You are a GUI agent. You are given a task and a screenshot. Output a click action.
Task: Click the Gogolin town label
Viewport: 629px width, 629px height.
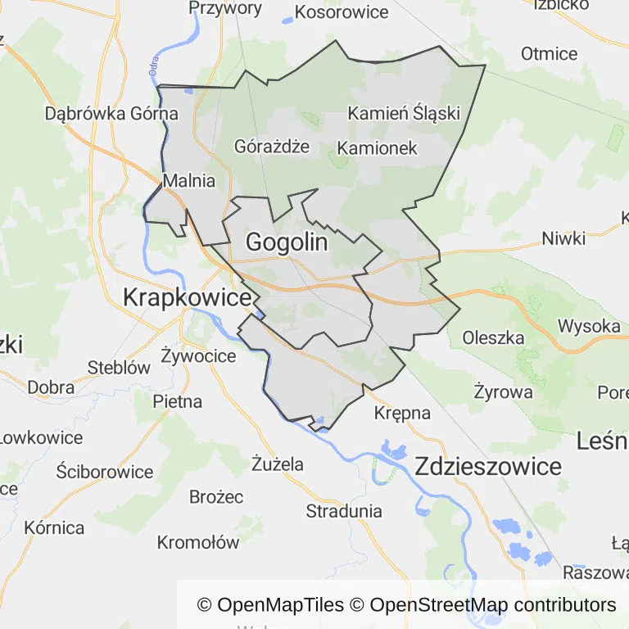[x=287, y=242]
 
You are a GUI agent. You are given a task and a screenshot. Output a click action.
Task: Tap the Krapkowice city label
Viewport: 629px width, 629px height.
[x=187, y=298]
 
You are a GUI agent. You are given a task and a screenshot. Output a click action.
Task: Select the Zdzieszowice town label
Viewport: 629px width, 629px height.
[x=488, y=467]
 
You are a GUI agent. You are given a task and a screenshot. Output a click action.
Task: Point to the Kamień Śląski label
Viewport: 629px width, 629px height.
[x=404, y=113]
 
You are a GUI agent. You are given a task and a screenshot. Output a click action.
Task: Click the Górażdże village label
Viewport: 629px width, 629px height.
[x=272, y=147]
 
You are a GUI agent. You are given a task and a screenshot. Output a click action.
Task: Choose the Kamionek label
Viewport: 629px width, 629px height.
[x=378, y=148]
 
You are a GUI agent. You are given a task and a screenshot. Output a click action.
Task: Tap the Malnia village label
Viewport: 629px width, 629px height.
[x=189, y=181]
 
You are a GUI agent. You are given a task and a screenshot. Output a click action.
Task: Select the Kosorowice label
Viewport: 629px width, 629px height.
[x=341, y=12]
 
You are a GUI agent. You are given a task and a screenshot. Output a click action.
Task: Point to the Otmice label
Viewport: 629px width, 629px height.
[x=549, y=54]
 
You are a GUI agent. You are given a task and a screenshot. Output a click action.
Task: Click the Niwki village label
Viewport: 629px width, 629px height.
[x=563, y=238]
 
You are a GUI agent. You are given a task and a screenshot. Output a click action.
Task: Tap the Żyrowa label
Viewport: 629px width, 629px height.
[x=503, y=391]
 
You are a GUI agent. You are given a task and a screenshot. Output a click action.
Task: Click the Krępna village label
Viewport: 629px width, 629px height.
[x=402, y=413]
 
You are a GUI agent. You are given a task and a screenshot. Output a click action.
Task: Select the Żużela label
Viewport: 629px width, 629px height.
[x=278, y=464]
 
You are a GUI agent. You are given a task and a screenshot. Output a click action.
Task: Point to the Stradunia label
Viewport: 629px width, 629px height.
[x=344, y=511]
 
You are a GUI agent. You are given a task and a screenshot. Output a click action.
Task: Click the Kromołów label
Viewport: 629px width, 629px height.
[x=198, y=542]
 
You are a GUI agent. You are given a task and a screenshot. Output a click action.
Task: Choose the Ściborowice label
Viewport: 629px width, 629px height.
[x=105, y=472]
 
